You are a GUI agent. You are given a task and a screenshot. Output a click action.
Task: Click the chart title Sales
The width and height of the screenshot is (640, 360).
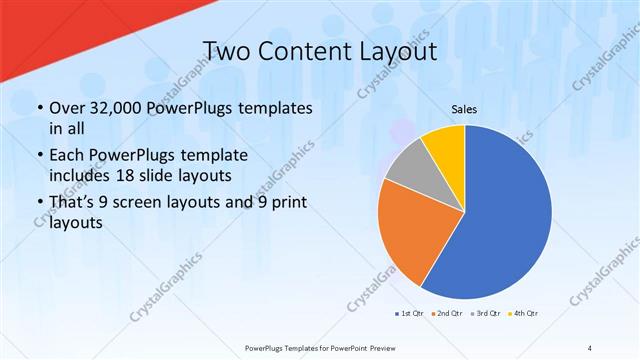tap(464, 109)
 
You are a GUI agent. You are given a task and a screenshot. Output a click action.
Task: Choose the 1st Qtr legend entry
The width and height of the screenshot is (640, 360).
tap(410, 314)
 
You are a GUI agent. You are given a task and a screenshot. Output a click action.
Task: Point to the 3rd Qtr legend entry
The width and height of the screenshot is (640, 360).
tap(487, 314)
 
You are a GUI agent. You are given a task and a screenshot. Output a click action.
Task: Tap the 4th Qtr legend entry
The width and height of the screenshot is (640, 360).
tap(524, 314)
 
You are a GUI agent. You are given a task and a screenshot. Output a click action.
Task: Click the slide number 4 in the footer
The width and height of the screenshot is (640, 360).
tap(590, 347)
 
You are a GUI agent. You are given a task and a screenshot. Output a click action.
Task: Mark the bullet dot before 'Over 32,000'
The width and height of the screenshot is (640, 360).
tap(39, 108)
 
